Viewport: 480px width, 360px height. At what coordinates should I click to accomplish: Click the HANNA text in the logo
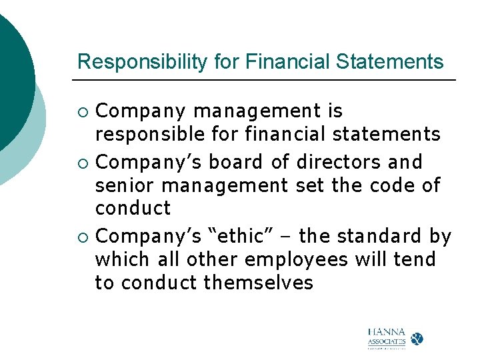(386, 331)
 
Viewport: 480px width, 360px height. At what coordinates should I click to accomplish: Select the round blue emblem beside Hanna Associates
(417, 338)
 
